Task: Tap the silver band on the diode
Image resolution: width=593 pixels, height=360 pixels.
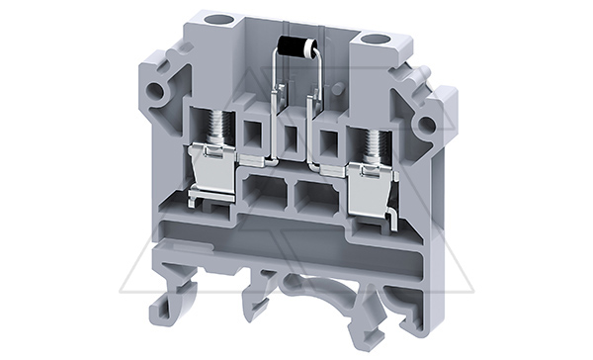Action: [286, 44]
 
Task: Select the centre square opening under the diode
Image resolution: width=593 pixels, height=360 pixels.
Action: [292, 135]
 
